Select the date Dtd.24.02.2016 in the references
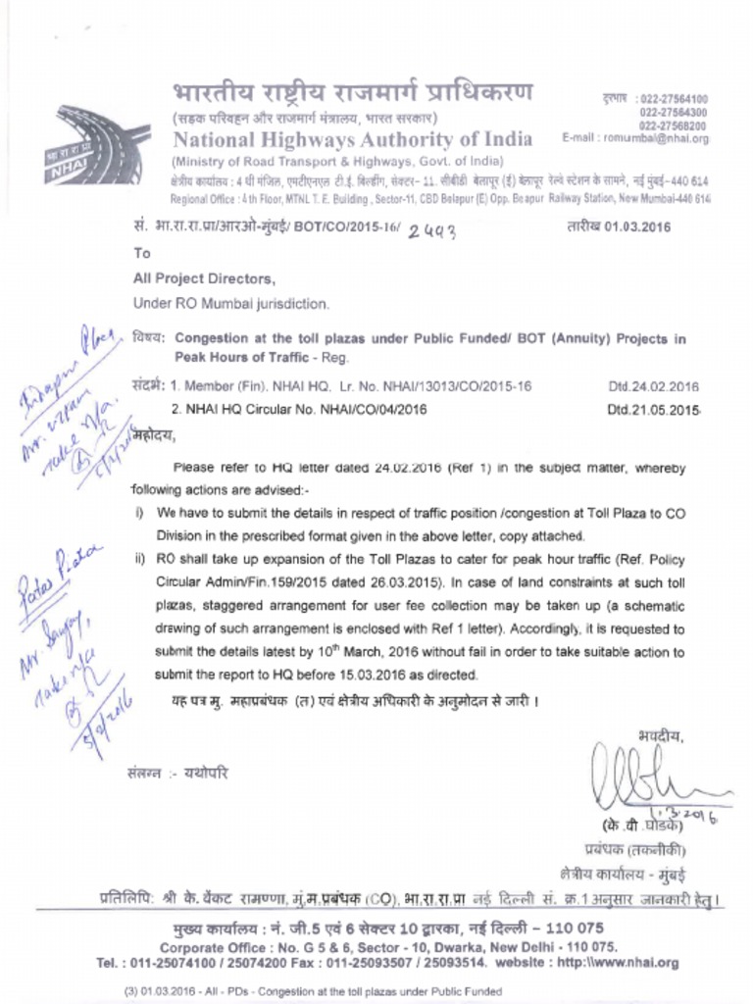pyautogui.click(x=652, y=386)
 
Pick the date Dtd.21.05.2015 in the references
pyautogui.click(x=652, y=410)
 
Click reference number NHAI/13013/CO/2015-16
pyautogui.click(x=457, y=386)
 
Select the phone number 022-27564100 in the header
pyautogui.click(x=674, y=99)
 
